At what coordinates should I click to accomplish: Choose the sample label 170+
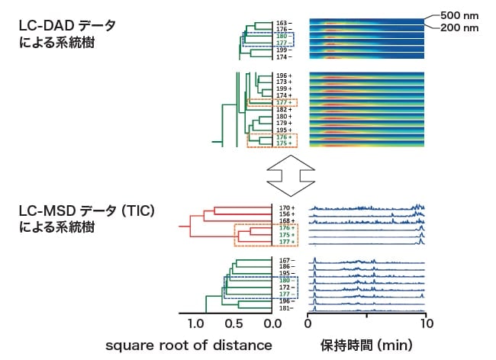pos(286,207)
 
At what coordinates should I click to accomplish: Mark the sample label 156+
pos(286,214)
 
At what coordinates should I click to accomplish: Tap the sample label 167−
pos(286,260)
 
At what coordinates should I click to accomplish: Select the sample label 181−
pos(286,308)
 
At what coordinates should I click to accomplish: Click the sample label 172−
pos(286,287)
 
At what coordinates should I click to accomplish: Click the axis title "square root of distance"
pos(189,345)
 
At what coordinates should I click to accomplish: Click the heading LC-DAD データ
pos(69,26)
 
